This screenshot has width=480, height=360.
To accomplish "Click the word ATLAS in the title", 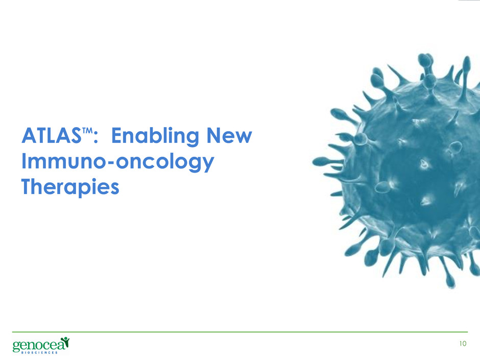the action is tap(52, 135).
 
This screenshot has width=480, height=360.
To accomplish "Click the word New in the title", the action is tap(229, 135).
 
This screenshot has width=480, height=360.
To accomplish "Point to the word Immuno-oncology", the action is tap(117, 162).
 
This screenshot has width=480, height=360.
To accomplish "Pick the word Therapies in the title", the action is tap(70, 187).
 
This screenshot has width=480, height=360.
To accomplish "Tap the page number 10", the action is tap(463, 344).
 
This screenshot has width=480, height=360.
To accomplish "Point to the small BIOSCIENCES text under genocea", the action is tap(39, 353).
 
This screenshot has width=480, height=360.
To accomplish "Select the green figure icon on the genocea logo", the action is tap(64, 342).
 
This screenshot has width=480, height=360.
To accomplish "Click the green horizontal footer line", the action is tap(240, 332).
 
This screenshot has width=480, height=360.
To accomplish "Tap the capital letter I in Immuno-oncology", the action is tap(23, 161).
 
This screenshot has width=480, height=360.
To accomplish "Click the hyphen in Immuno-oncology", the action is tap(111, 163).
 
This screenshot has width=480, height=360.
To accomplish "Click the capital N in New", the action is tap(214, 135).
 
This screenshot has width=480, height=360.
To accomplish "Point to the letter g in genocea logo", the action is tap(16, 346).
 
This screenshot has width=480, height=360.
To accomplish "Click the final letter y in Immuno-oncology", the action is tap(208, 165).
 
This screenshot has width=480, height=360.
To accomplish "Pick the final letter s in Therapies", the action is tap(114, 189).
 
